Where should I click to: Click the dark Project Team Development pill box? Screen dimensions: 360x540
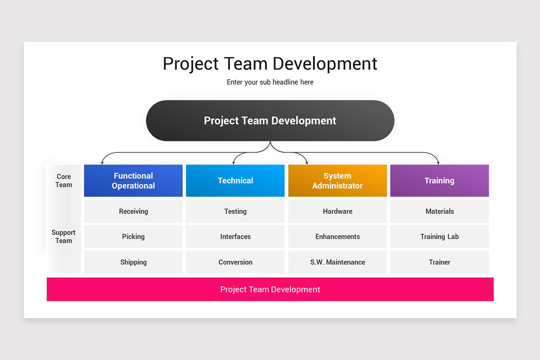coord(270,121)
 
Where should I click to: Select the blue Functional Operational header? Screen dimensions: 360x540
coord(133,180)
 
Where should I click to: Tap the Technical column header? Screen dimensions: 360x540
coord(235,180)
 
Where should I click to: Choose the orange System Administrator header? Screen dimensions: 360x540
coord(337,180)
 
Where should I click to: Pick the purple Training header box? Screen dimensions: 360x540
coord(439,180)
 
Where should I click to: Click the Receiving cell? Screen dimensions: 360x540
coord(133,211)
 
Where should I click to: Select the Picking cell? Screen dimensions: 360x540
coord(133,236)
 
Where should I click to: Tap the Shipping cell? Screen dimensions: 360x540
coord(133,262)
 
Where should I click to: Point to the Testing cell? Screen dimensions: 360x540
coord(235,211)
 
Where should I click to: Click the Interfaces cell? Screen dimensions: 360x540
coord(235,236)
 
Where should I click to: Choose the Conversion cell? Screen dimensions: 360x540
coord(235,262)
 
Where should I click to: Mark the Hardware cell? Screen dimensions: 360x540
coord(337,211)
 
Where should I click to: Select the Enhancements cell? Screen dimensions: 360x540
coord(337,236)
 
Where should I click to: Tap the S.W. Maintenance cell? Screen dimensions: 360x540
coord(337,262)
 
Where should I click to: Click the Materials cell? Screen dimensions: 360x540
coord(439,211)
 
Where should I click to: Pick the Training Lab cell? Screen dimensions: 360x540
coord(439,236)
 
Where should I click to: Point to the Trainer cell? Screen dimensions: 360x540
coord(439,262)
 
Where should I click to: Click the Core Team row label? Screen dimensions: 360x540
coord(63,180)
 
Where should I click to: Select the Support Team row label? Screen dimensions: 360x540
coord(63,236)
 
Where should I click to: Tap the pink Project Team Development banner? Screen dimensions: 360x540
coord(270,289)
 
